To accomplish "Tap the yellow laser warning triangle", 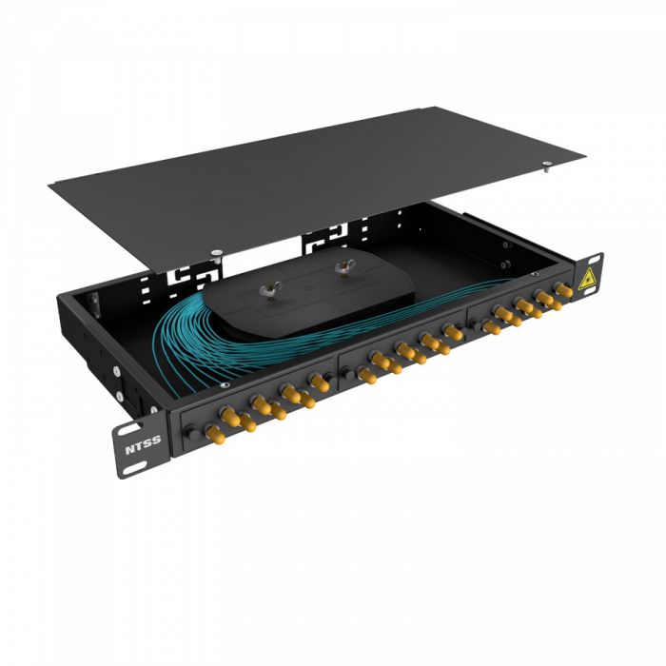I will [589, 278].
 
